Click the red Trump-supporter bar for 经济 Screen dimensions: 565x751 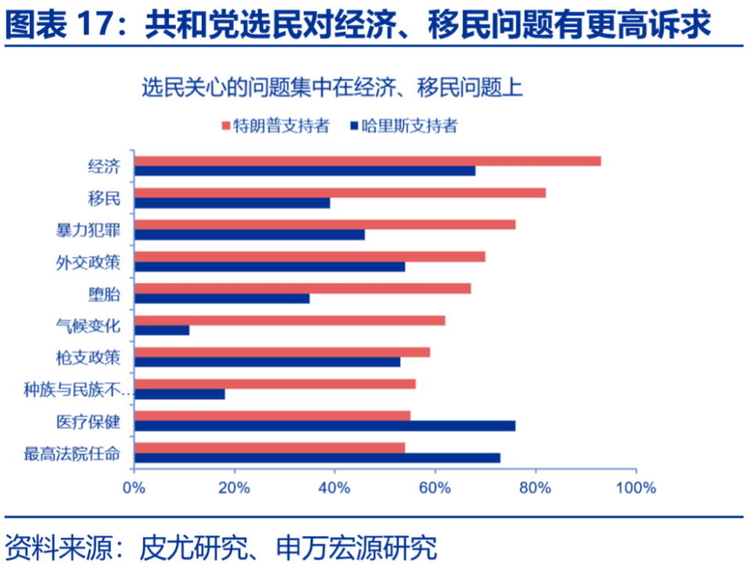(x=368, y=161)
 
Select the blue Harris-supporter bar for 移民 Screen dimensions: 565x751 (x=232, y=203)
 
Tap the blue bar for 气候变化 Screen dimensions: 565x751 (x=162, y=330)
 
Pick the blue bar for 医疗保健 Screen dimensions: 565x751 (x=325, y=426)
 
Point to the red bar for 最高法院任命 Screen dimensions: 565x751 (x=270, y=448)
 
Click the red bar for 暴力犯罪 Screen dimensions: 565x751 (x=325, y=225)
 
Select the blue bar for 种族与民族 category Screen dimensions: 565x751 (x=180, y=394)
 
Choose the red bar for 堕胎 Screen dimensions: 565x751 (x=303, y=288)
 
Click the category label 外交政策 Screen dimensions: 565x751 (x=88, y=261)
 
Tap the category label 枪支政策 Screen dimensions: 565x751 (x=88, y=357)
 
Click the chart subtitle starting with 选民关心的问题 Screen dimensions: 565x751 (x=332, y=88)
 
